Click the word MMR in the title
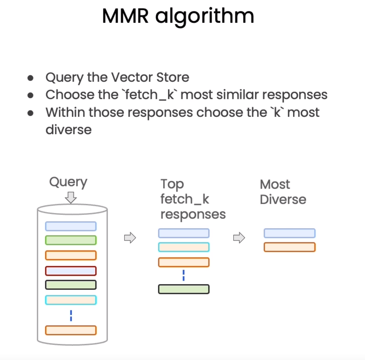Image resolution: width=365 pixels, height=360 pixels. coord(125,16)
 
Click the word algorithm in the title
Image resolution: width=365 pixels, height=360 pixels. coord(205,17)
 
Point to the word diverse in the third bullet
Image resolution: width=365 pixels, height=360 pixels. coord(69,129)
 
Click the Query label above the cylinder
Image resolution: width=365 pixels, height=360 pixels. coord(68,182)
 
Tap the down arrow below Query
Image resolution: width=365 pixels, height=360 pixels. coord(71,197)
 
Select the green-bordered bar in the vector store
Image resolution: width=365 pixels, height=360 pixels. coord(71,240)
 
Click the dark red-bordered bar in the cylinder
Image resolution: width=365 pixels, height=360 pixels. coord(71,271)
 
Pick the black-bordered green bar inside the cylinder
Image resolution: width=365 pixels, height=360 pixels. coord(71,285)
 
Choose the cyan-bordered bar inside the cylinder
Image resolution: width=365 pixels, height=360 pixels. coord(71,300)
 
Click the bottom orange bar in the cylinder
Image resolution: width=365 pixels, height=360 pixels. coord(71,330)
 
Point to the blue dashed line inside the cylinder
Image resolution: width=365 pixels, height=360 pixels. coord(71,315)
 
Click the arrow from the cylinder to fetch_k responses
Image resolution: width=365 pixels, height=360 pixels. coord(130,238)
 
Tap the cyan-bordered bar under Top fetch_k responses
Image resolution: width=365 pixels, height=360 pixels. coord(184,247)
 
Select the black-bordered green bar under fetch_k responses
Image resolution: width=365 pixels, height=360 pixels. coord(184,289)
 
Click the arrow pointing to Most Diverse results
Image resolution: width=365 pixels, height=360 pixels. coord(239,238)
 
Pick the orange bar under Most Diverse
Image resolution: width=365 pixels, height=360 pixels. coord(290,247)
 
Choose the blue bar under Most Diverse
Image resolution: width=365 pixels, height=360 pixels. coord(290,233)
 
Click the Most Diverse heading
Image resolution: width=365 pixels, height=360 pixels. coord(283,192)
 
